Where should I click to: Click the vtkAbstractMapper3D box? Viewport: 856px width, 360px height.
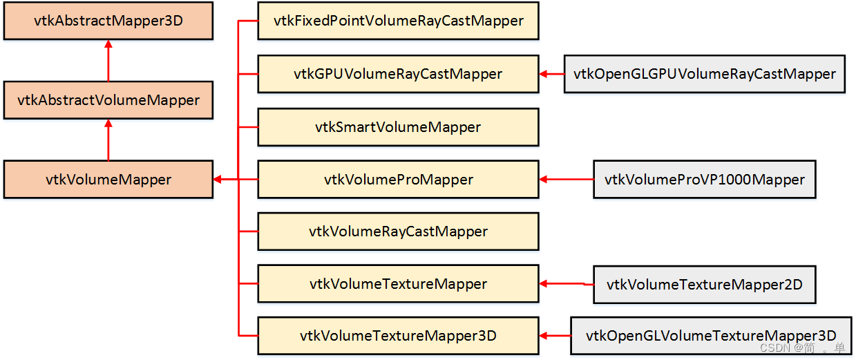click(108, 21)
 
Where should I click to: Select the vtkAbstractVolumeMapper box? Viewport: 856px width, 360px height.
click(108, 100)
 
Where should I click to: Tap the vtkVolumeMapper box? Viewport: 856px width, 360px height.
click(108, 180)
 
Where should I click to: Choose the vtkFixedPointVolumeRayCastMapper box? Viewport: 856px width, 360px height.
click(398, 21)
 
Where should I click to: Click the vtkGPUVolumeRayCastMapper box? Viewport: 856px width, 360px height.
click(398, 74)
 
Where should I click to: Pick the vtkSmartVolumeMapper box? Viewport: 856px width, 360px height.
click(398, 127)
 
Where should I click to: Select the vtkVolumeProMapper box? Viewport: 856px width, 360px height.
click(398, 180)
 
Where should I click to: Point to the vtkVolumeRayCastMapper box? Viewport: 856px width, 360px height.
click(398, 231)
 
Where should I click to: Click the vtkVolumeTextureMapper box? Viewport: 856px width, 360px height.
click(398, 284)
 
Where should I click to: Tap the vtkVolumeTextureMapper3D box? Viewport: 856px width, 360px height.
click(398, 336)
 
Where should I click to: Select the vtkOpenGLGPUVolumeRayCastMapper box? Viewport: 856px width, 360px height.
click(705, 74)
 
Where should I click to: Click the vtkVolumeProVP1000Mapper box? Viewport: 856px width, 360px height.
click(705, 180)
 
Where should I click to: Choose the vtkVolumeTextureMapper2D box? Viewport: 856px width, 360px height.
click(705, 284)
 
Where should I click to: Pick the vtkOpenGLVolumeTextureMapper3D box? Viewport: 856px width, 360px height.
click(710, 336)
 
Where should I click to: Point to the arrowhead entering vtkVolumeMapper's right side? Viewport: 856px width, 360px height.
click(218, 180)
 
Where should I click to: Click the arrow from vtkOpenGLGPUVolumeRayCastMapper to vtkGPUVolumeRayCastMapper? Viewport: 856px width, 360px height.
click(551, 74)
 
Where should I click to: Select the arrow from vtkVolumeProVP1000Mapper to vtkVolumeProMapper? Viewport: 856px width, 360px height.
click(566, 180)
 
